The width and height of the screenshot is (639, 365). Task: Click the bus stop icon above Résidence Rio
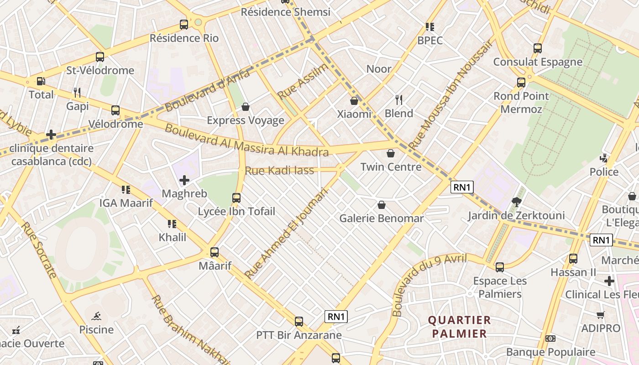click(x=184, y=25)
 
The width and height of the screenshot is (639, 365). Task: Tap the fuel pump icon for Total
click(x=41, y=81)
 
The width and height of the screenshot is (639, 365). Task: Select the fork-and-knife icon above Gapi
click(x=77, y=93)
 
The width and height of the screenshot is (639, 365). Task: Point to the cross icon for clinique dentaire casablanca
click(x=51, y=135)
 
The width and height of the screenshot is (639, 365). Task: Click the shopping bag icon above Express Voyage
click(x=246, y=107)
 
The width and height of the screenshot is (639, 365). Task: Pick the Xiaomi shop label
click(x=354, y=114)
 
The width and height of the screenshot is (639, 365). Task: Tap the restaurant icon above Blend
click(x=399, y=100)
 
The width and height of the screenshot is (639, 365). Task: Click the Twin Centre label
click(x=391, y=167)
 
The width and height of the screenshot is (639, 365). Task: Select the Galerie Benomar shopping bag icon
click(x=382, y=205)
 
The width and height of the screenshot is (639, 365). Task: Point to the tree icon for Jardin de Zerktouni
click(x=517, y=202)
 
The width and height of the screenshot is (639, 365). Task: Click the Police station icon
click(x=604, y=158)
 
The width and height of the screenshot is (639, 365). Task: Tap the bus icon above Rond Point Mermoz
click(x=521, y=83)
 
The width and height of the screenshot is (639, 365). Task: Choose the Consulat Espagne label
click(x=538, y=62)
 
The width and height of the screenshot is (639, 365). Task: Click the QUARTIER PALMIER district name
click(x=460, y=327)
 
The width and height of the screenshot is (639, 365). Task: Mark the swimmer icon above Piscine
click(x=96, y=316)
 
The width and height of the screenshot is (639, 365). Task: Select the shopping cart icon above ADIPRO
click(x=600, y=315)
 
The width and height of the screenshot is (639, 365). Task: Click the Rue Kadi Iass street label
click(x=279, y=171)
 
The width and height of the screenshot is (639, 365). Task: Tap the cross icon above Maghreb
click(x=184, y=181)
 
